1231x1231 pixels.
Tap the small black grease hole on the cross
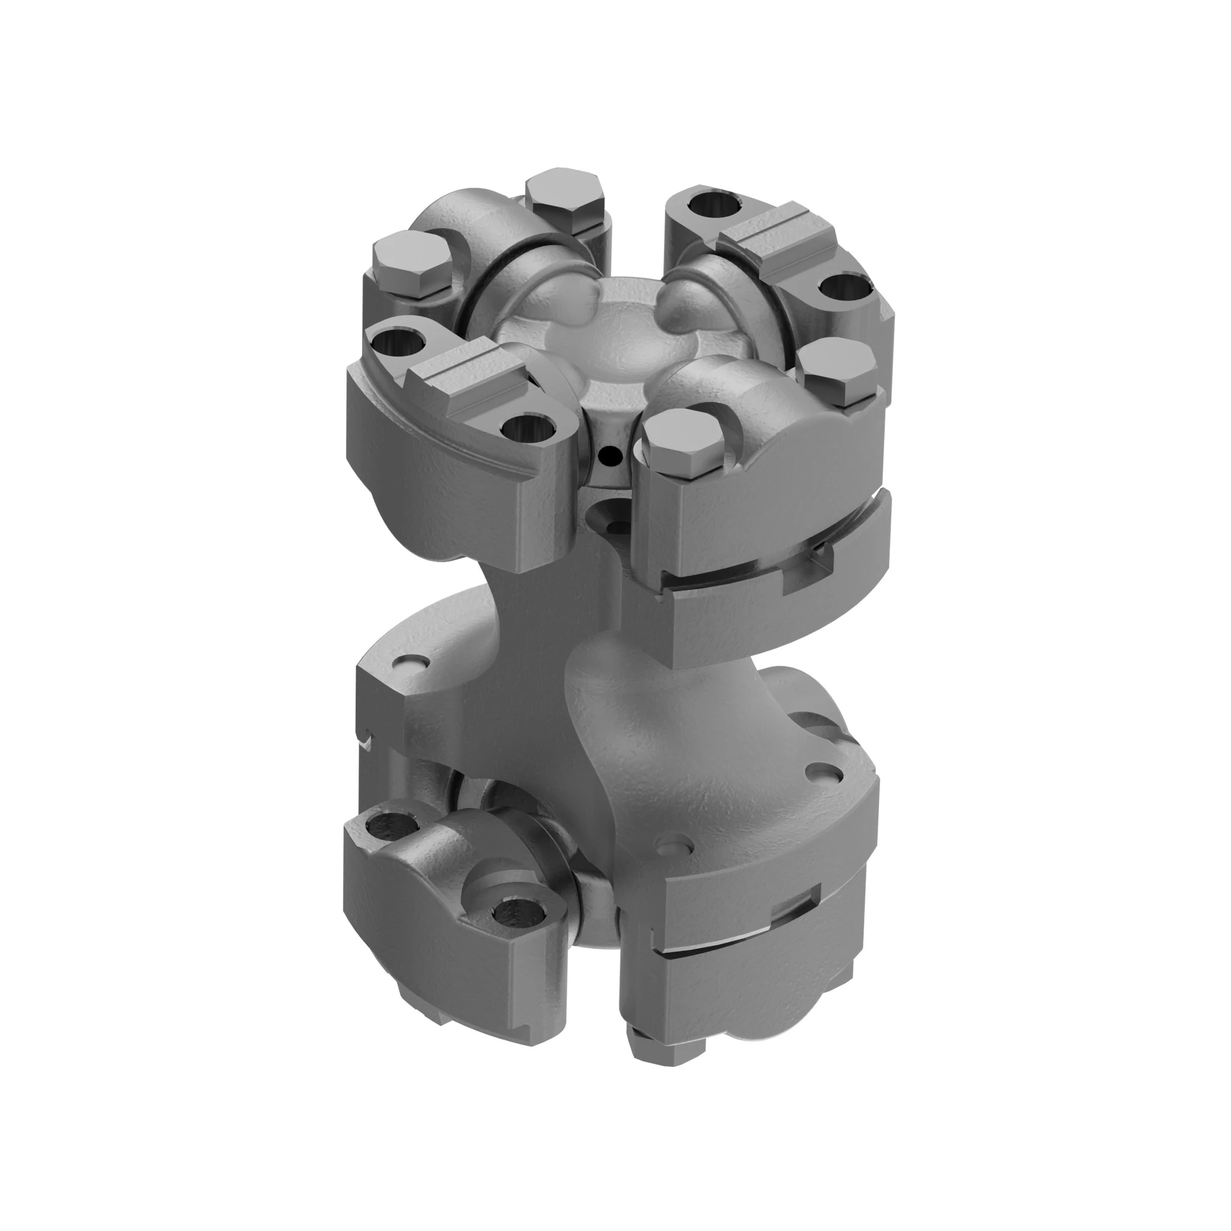click(611, 455)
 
